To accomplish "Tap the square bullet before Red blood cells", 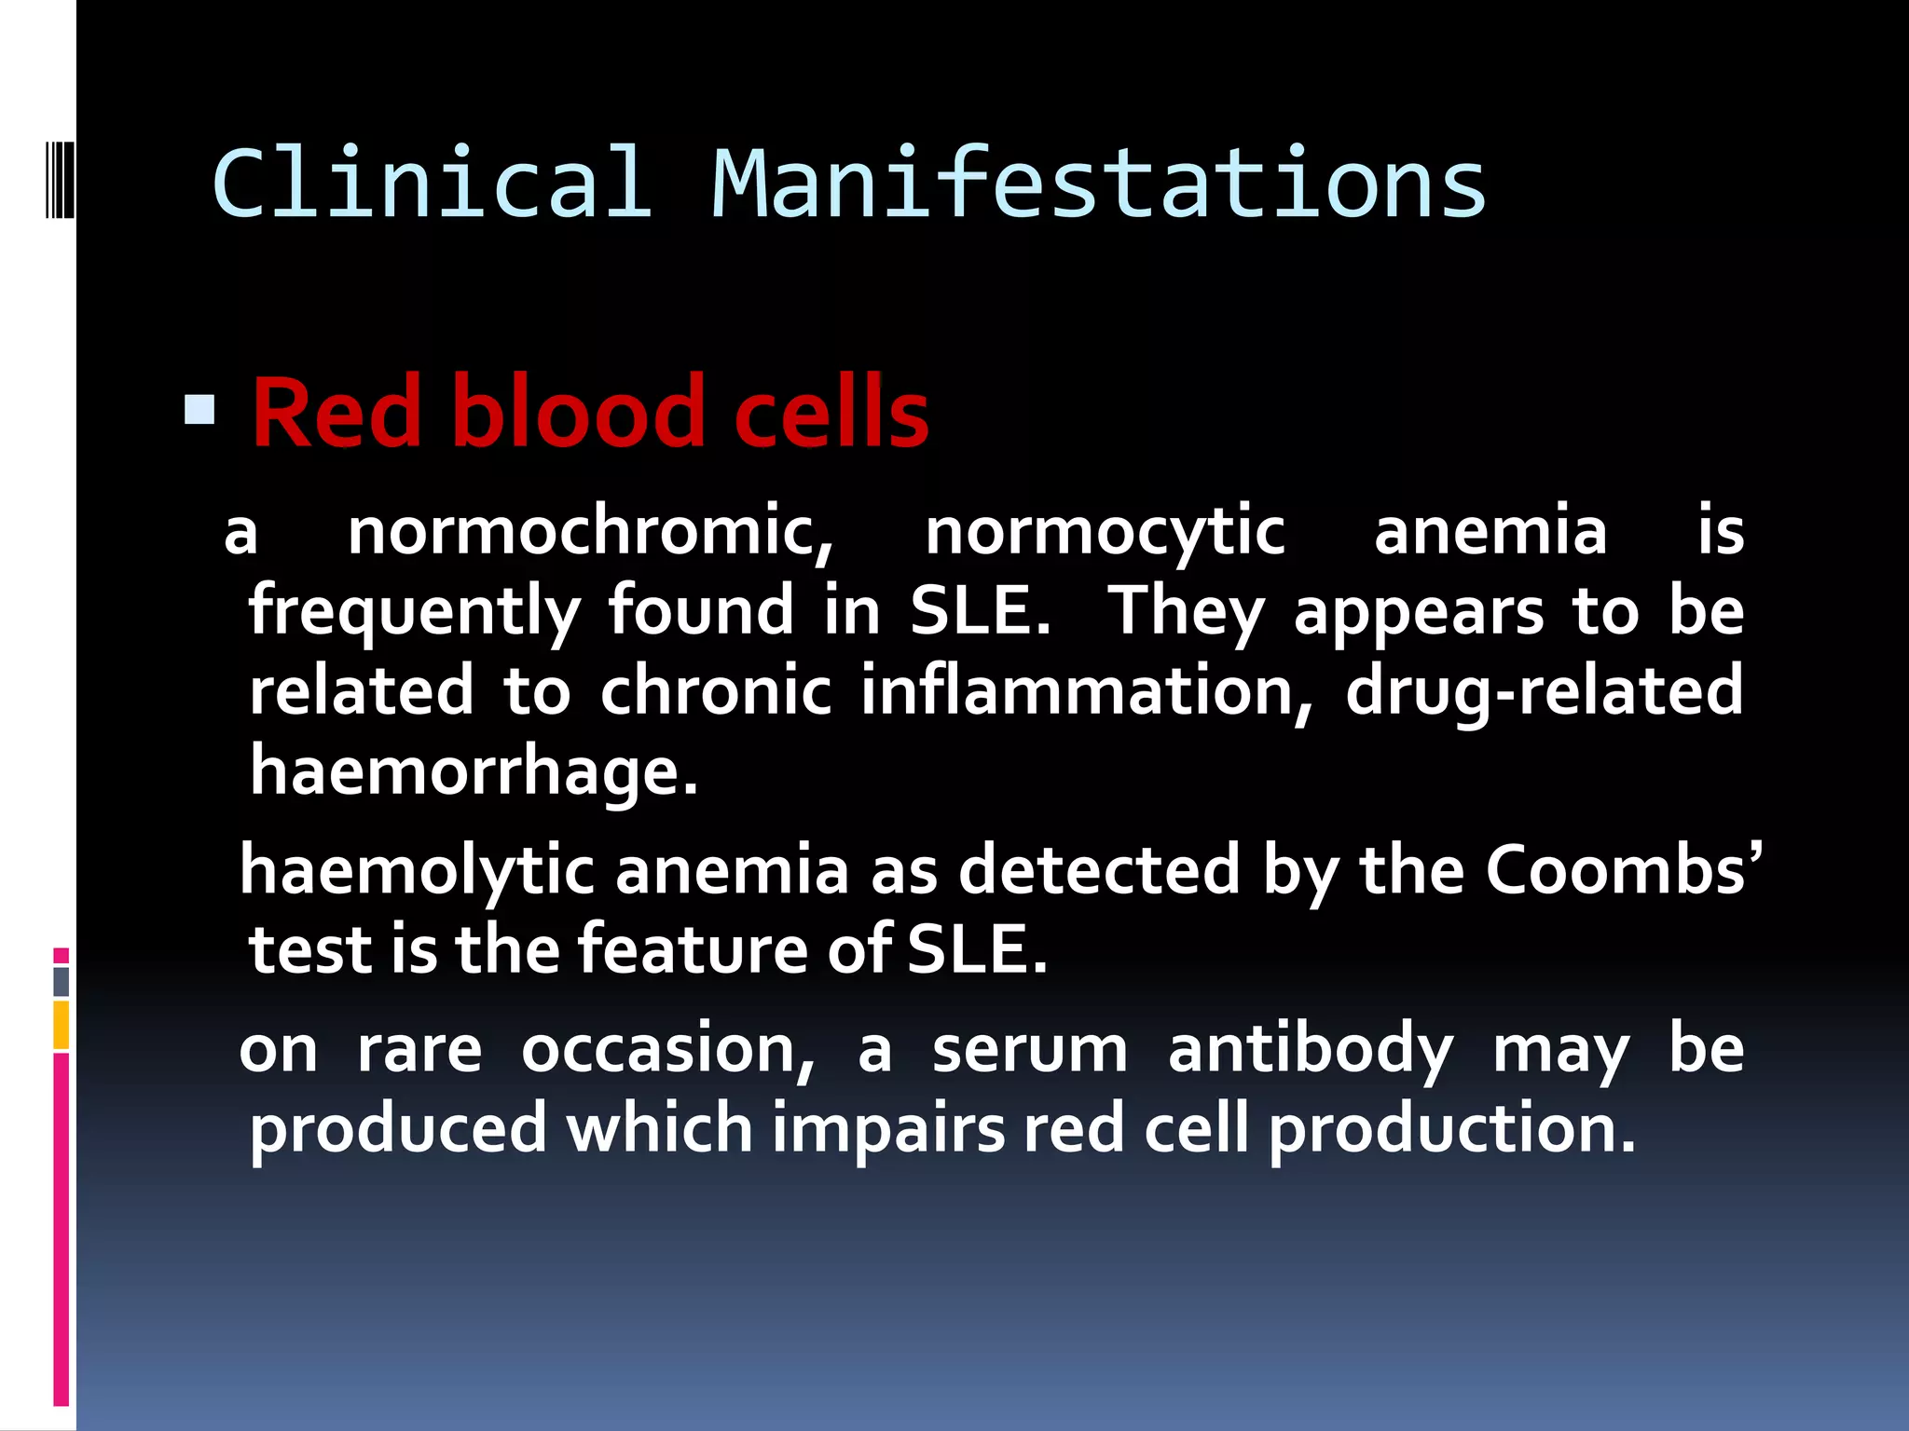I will click(199, 411).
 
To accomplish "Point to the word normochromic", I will click(590, 532).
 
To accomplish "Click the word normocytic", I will click(1105, 532).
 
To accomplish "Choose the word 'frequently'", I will click(415, 612).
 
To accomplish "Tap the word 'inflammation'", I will click(1086, 691).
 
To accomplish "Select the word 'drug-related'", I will click(1545, 691).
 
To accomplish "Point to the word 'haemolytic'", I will click(417, 870).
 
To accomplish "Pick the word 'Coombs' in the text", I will click(1615, 870).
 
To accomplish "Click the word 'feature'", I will click(693, 949).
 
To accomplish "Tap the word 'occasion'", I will click(667, 1049).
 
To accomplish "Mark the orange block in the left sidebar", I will click(61, 1025).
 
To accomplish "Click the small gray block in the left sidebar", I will click(61, 981).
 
